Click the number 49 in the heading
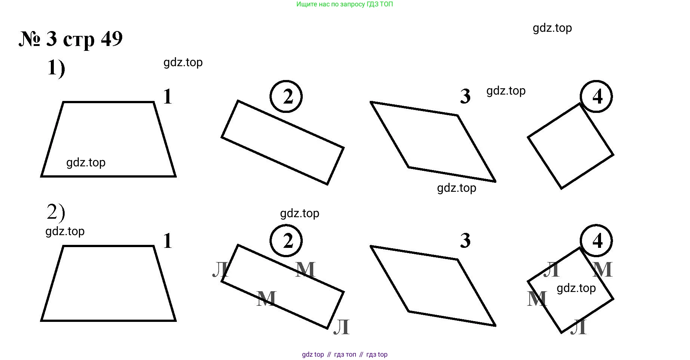(111, 38)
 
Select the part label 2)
(56, 212)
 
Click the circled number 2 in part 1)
(286, 96)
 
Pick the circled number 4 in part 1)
(596, 96)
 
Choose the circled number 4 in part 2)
(596, 241)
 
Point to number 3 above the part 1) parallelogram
(465, 96)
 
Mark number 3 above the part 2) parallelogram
(465, 240)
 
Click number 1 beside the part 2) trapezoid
(168, 241)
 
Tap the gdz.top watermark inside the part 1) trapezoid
(86, 163)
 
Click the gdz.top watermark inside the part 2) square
(576, 288)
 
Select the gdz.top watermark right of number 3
(506, 91)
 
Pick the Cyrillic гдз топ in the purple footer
(345, 354)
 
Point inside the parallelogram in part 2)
(433, 286)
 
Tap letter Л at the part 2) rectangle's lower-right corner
(341, 327)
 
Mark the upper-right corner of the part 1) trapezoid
(154, 102)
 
